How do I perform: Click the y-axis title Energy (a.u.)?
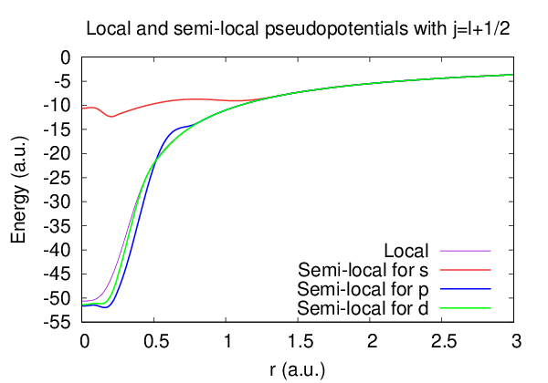click(17, 190)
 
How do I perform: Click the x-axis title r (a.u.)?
click(297, 369)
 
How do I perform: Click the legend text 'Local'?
click(407, 250)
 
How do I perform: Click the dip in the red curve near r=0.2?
click(111, 117)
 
